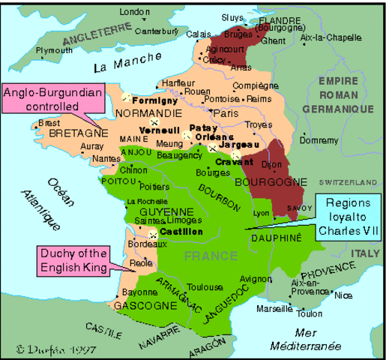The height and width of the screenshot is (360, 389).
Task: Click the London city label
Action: click(x=135, y=11)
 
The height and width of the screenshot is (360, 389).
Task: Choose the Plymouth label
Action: click(x=55, y=50)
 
